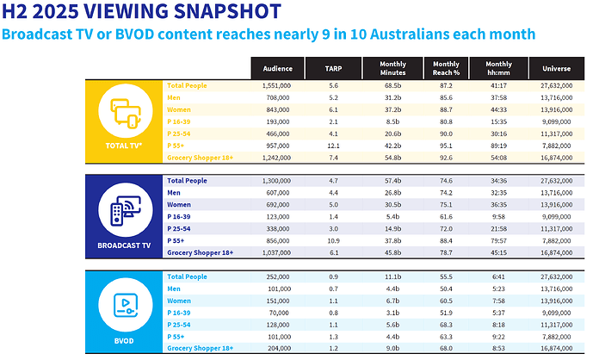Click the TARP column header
click(332, 68)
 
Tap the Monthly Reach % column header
click(446, 68)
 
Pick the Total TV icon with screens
click(124, 113)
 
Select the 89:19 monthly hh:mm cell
click(498, 146)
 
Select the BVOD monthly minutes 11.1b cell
click(393, 276)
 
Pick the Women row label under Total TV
click(179, 110)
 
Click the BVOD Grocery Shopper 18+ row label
click(200, 348)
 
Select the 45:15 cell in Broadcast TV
click(498, 253)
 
